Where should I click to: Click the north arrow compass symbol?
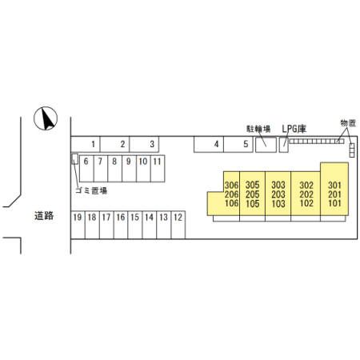pyautogui.click(x=46, y=118)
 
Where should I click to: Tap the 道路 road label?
pyautogui.click(x=44, y=216)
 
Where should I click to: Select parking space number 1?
pyautogui.click(x=85, y=144)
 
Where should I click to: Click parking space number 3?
pyautogui.click(x=144, y=144)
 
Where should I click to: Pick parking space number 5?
pyautogui.click(x=238, y=144)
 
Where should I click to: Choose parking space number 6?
pyautogui.click(x=86, y=169)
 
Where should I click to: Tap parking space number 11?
pyautogui.click(x=158, y=169)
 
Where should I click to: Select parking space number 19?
pyautogui.click(x=78, y=225)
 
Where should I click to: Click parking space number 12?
pyautogui.click(x=178, y=225)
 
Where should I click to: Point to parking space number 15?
pyautogui.click(x=135, y=225)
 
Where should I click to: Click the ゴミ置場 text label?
pyautogui.click(x=91, y=190)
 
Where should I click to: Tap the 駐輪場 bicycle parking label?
pyautogui.click(x=258, y=129)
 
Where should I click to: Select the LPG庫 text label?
pyautogui.click(x=294, y=129)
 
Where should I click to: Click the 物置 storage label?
pyautogui.click(x=348, y=123)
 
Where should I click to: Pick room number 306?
pyautogui.click(x=231, y=185)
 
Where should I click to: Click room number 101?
pyautogui.click(x=334, y=203)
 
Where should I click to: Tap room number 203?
pyautogui.click(x=278, y=194)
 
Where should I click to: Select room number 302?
pyautogui.click(x=306, y=185)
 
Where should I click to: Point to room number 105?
pyautogui.click(x=252, y=204)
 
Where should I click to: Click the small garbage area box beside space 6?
pyautogui.click(x=75, y=158)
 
